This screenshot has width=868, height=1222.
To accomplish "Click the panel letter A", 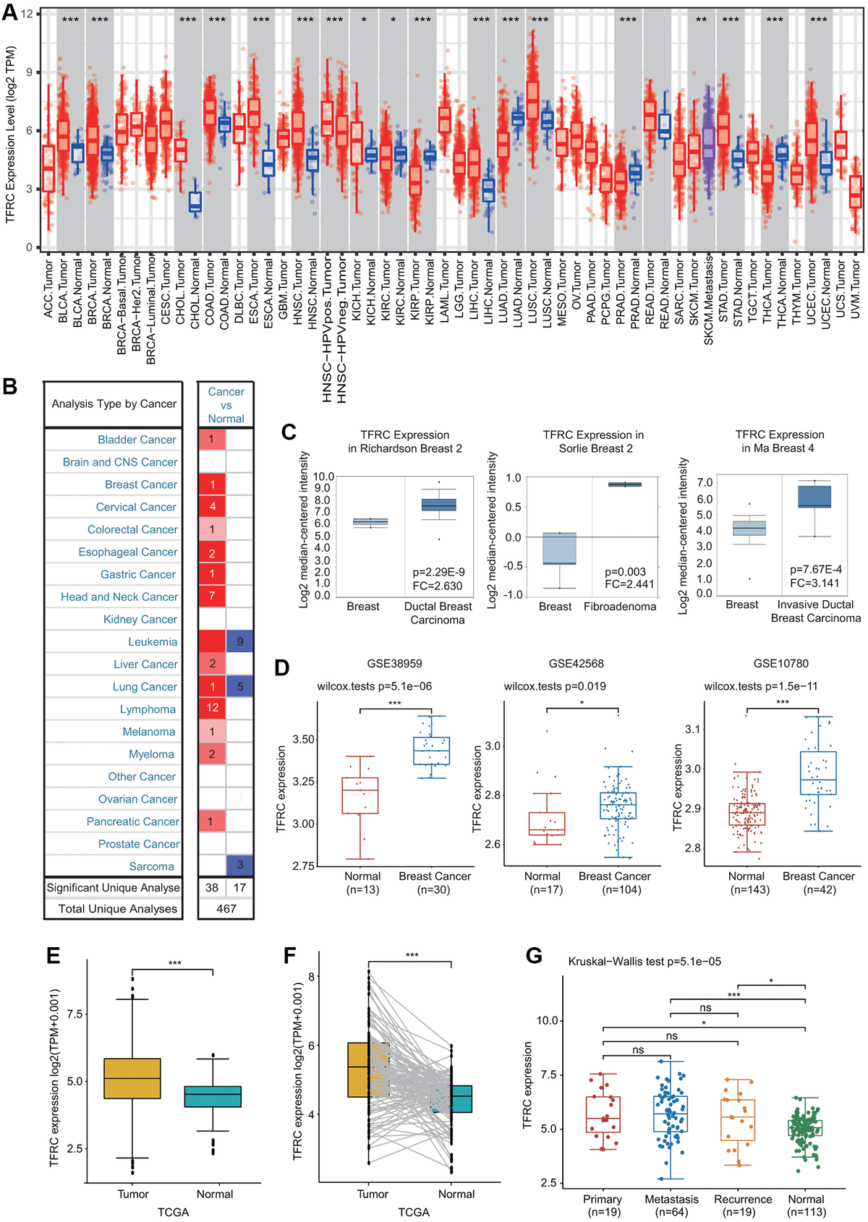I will click(x=10, y=12).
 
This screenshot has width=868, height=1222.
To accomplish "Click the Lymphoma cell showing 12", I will click(x=212, y=708).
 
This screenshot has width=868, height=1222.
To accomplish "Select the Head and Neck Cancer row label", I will click(x=119, y=597).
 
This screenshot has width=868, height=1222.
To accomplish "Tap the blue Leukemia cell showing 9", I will click(x=240, y=641).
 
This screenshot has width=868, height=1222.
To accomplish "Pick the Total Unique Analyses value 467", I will click(x=226, y=908).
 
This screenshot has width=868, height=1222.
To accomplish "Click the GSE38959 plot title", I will click(x=394, y=663).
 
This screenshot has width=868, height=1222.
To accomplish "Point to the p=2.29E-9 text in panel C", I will click(x=438, y=572).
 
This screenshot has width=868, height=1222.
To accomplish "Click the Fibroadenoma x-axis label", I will click(x=620, y=607).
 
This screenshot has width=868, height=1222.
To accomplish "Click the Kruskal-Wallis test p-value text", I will click(x=644, y=962).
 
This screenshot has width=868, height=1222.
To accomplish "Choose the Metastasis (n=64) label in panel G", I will click(x=671, y=1205).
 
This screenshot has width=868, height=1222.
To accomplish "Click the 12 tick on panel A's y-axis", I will click(x=27, y=14).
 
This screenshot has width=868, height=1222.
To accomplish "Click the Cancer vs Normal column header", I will click(x=226, y=405).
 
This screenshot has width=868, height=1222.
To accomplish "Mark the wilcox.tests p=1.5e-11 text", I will click(x=761, y=686).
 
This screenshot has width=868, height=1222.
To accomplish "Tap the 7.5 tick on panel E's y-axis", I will click(x=75, y=1014).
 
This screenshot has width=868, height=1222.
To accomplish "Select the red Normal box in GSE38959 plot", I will click(x=359, y=795).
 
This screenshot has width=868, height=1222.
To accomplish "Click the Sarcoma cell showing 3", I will click(x=240, y=866).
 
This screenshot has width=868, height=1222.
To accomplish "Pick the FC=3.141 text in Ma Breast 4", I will click(x=814, y=583).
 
